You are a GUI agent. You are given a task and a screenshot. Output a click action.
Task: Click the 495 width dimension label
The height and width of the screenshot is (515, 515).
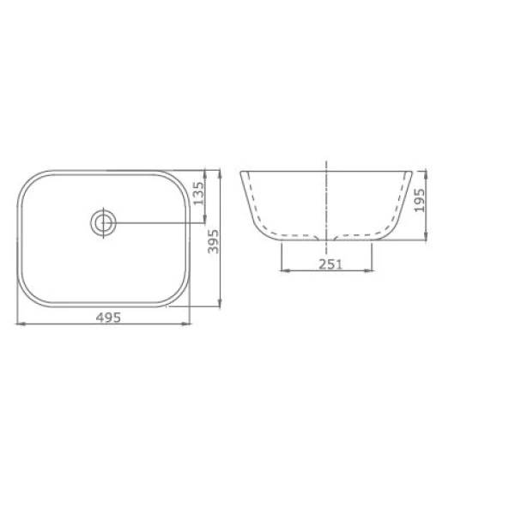pos(108,318)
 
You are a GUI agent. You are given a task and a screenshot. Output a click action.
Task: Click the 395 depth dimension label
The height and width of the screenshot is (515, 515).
pos(213,241)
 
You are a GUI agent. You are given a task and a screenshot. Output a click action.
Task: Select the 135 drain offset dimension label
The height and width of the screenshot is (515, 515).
pos(199,193)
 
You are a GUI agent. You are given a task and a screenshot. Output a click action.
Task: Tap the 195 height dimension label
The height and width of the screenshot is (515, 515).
pos(420,200)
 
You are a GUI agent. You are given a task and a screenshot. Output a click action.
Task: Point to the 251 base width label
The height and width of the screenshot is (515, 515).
pos(330,264)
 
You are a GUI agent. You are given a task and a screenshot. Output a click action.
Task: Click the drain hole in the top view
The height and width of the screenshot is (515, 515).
pos(104,222)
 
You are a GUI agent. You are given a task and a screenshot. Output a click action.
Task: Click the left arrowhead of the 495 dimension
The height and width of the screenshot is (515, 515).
pos(21,324)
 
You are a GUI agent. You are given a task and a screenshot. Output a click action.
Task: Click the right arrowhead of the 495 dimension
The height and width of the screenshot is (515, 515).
pos(186,324)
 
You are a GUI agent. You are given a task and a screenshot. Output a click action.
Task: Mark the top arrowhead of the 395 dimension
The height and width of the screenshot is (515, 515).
pos(220,174)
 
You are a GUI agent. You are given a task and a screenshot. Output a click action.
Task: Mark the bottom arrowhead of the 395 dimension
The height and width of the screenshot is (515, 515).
pos(220,303)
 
